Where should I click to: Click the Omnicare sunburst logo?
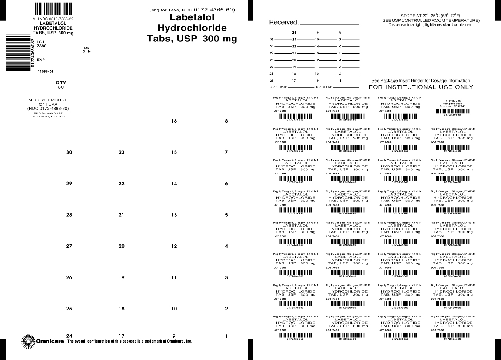(x=28, y=341)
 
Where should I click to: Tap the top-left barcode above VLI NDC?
(x=53, y=9)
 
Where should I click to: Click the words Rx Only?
(x=87, y=50)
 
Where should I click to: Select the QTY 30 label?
(x=61, y=85)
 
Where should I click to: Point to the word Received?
(x=283, y=22)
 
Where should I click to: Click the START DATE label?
(x=279, y=87)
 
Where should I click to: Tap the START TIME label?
(x=324, y=87)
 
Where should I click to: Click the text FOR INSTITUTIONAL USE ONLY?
(x=421, y=87)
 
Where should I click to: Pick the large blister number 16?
(x=174, y=121)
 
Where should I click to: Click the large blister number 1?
(x=226, y=336)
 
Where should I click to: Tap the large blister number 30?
(x=69, y=152)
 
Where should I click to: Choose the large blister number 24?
(x=69, y=336)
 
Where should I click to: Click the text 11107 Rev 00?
(x=452, y=100)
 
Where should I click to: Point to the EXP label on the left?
(x=41, y=59)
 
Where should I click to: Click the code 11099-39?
(x=46, y=71)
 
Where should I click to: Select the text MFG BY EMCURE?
(x=48, y=100)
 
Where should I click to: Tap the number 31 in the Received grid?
(x=272, y=39)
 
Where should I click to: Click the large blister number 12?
(x=174, y=246)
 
